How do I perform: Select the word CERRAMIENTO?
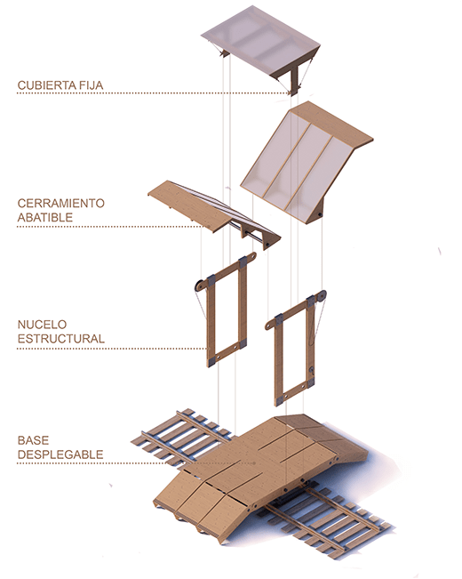(61, 203)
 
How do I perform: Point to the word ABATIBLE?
(45, 218)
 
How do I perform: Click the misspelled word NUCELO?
(42, 325)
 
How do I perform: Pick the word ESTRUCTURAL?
(61, 339)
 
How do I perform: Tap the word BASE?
(33, 440)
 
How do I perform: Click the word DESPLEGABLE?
(60, 454)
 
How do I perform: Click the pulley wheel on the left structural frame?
(198, 285)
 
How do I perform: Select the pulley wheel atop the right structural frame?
(322, 295)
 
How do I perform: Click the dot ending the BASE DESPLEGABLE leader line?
(254, 462)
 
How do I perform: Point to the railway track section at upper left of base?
(181, 436)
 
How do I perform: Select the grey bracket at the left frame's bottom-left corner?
(211, 361)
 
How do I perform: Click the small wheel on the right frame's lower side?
(311, 370)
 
